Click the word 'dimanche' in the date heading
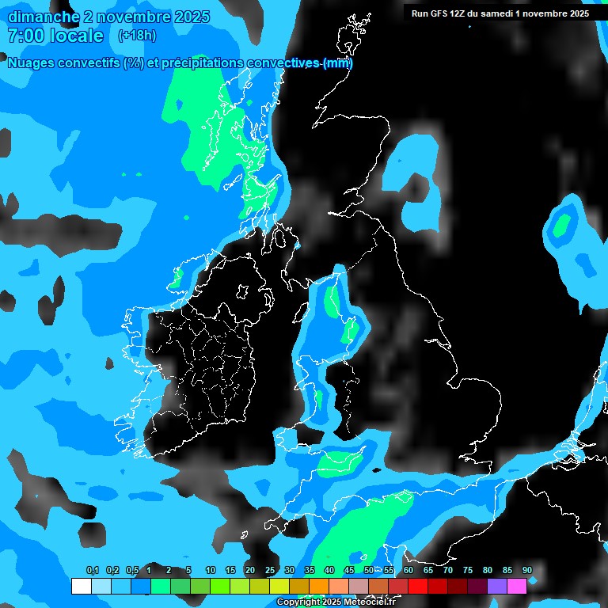(44, 17)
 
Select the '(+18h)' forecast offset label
(137, 36)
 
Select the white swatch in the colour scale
(82, 586)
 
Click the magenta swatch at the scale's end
(517, 586)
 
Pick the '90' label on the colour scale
(527, 570)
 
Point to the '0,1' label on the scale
(93, 570)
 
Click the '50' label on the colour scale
(369, 570)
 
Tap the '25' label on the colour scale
(270, 570)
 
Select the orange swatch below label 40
(319, 586)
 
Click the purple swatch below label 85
(497, 586)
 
